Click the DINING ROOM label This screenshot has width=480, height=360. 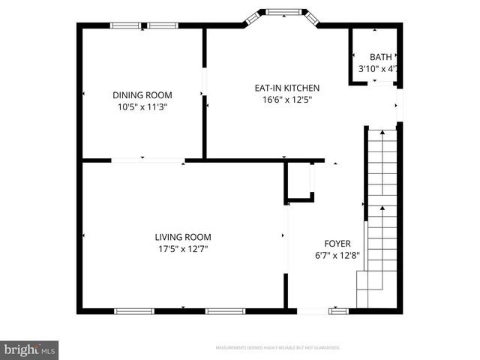pyautogui.click(x=142, y=95)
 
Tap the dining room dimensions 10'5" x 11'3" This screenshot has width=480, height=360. pyautogui.click(x=142, y=107)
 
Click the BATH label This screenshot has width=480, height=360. pyautogui.click(x=380, y=57)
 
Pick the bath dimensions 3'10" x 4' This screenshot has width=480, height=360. pyautogui.click(x=377, y=69)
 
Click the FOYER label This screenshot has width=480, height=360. pyautogui.click(x=337, y=243)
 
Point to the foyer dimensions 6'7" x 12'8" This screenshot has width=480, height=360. pyautogui.click(x=337, y=255)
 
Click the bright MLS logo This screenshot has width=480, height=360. pyautogui.click(x=30, y=349)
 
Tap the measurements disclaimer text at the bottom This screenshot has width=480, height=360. pyautogui.click(x=277, y=348)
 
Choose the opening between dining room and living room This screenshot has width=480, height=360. pyautogui.click(x=148, y=159)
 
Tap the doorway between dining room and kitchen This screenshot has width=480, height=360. pyautogui.click(x=203, y=83)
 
